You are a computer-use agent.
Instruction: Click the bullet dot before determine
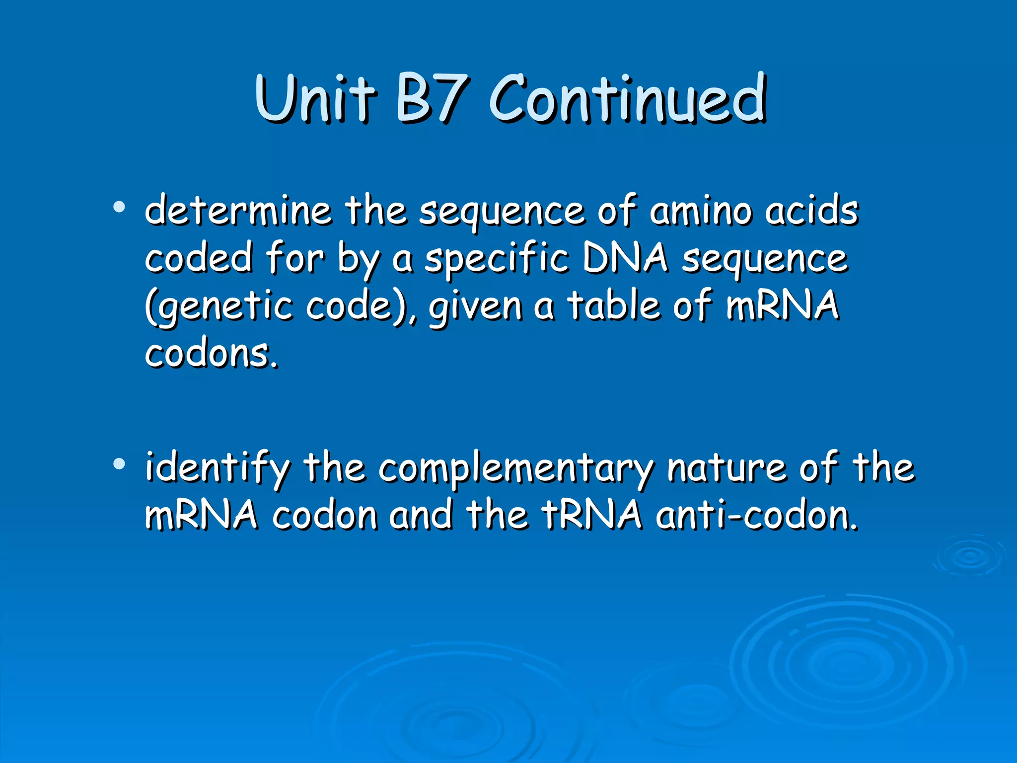coord(119,207)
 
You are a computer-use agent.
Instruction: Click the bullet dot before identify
coord(119,464)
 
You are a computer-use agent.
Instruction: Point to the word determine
coord(238,211)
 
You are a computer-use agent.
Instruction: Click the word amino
coord(701,211)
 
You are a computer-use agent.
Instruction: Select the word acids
coord(811,211)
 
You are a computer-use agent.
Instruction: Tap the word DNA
coord(625,258)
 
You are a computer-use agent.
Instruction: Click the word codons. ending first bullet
coord(212,354)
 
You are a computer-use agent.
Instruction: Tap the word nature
coord(727,468)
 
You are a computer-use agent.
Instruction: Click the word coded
coord(199,258)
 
